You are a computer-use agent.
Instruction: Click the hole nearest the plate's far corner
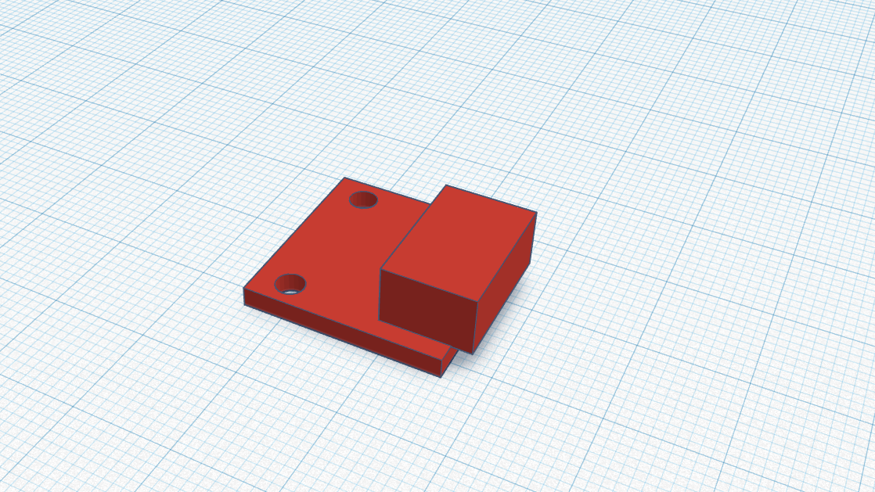pyautogui.click(x=362, y=199)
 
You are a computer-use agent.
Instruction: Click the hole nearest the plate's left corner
pyautogui.click(x=290, y=283)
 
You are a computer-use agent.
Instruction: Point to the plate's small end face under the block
pyautogui.click(x=448, y=362)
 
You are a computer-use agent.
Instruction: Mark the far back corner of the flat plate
pyautogui.click(x=344, y=178)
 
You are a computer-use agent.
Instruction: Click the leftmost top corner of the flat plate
pyautogui.click(x=243, y=288)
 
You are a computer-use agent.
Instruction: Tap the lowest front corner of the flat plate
pyautogui.click(x=441, y=377)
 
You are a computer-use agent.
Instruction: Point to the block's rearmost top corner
pyautogui.click(x=446, y=185)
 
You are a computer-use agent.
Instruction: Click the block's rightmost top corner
pyautogui.click(x=536, y=212)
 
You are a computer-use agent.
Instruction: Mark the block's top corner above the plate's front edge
pyautogui.click(x=380, y=271)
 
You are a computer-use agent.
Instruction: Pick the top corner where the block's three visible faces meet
pyautogui.click(x=477, y=301)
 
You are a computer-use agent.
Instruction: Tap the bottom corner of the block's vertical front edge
pyautogui.click(x=473, y=354)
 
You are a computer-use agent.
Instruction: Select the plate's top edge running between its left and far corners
pyautogui.click(x=293, y=233)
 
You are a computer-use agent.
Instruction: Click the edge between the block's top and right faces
pyautogui.click(x=507, y=257)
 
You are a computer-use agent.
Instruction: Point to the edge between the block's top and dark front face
pyautogui.click(x=429, y=286)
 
